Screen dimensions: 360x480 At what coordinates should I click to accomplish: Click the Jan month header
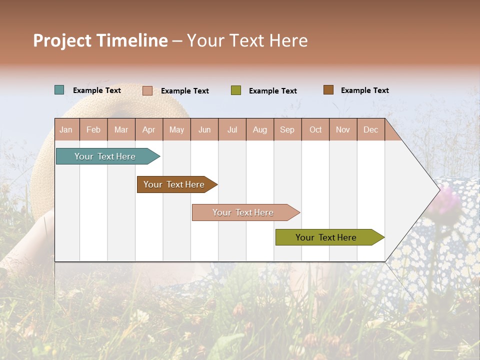coord(66,129)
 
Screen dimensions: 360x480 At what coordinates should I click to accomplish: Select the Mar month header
coord(121,129)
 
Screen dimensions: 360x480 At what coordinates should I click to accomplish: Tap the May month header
coord(176,129)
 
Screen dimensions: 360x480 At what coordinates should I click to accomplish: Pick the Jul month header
coord(232,129)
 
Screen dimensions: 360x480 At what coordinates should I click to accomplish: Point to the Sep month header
coord(287,129)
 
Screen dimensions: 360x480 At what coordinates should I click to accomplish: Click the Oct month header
coord(315,129)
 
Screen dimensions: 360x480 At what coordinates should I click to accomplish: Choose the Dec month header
coord(370,129)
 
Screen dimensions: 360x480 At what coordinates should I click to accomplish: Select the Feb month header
coord(93,129)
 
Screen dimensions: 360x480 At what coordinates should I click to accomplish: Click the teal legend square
coord(59,90)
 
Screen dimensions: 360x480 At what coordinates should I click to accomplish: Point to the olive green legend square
coord(236,90)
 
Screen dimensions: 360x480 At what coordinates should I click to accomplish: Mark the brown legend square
coord(328,90)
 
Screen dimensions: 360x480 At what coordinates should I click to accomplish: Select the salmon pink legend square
coord(147,90)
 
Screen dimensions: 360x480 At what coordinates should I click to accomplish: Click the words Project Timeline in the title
coord(100,40)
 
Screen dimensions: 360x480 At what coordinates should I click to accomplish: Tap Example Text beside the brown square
coord(364,90)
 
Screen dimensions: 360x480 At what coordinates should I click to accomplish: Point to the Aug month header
coord(259,129)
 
